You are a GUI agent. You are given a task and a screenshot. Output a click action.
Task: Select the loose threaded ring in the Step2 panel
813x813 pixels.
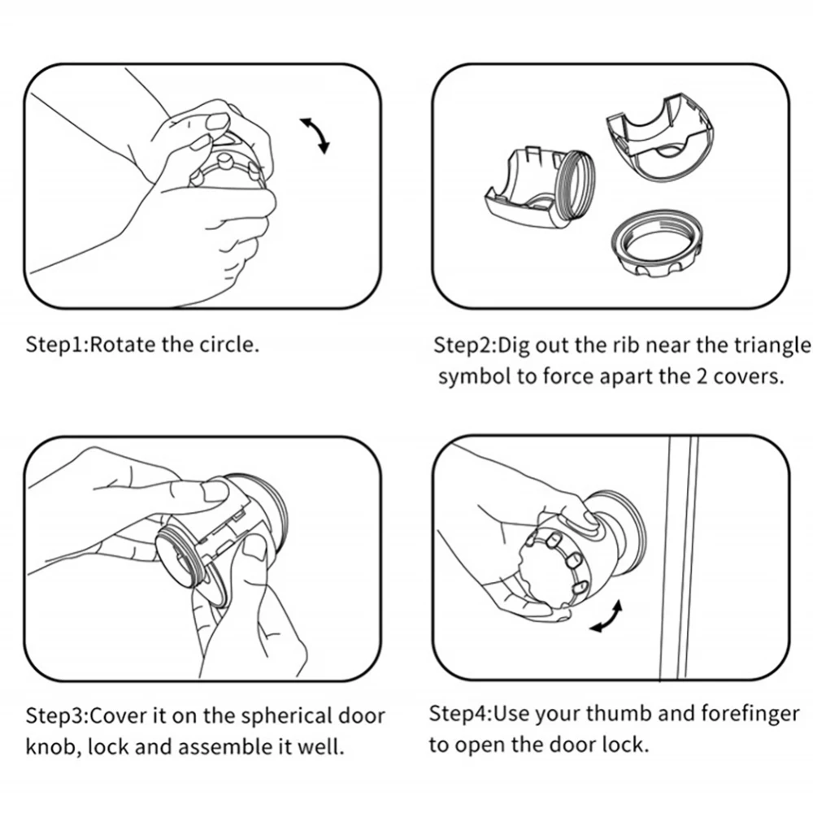657,244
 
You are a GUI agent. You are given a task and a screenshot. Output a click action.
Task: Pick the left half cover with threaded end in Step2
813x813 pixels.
539,189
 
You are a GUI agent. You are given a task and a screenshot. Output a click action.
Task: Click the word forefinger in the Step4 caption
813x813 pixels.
750,715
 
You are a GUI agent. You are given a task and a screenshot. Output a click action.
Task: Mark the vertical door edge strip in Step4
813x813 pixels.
680,558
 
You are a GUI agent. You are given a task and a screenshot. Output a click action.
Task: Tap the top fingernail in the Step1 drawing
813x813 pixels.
218,121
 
